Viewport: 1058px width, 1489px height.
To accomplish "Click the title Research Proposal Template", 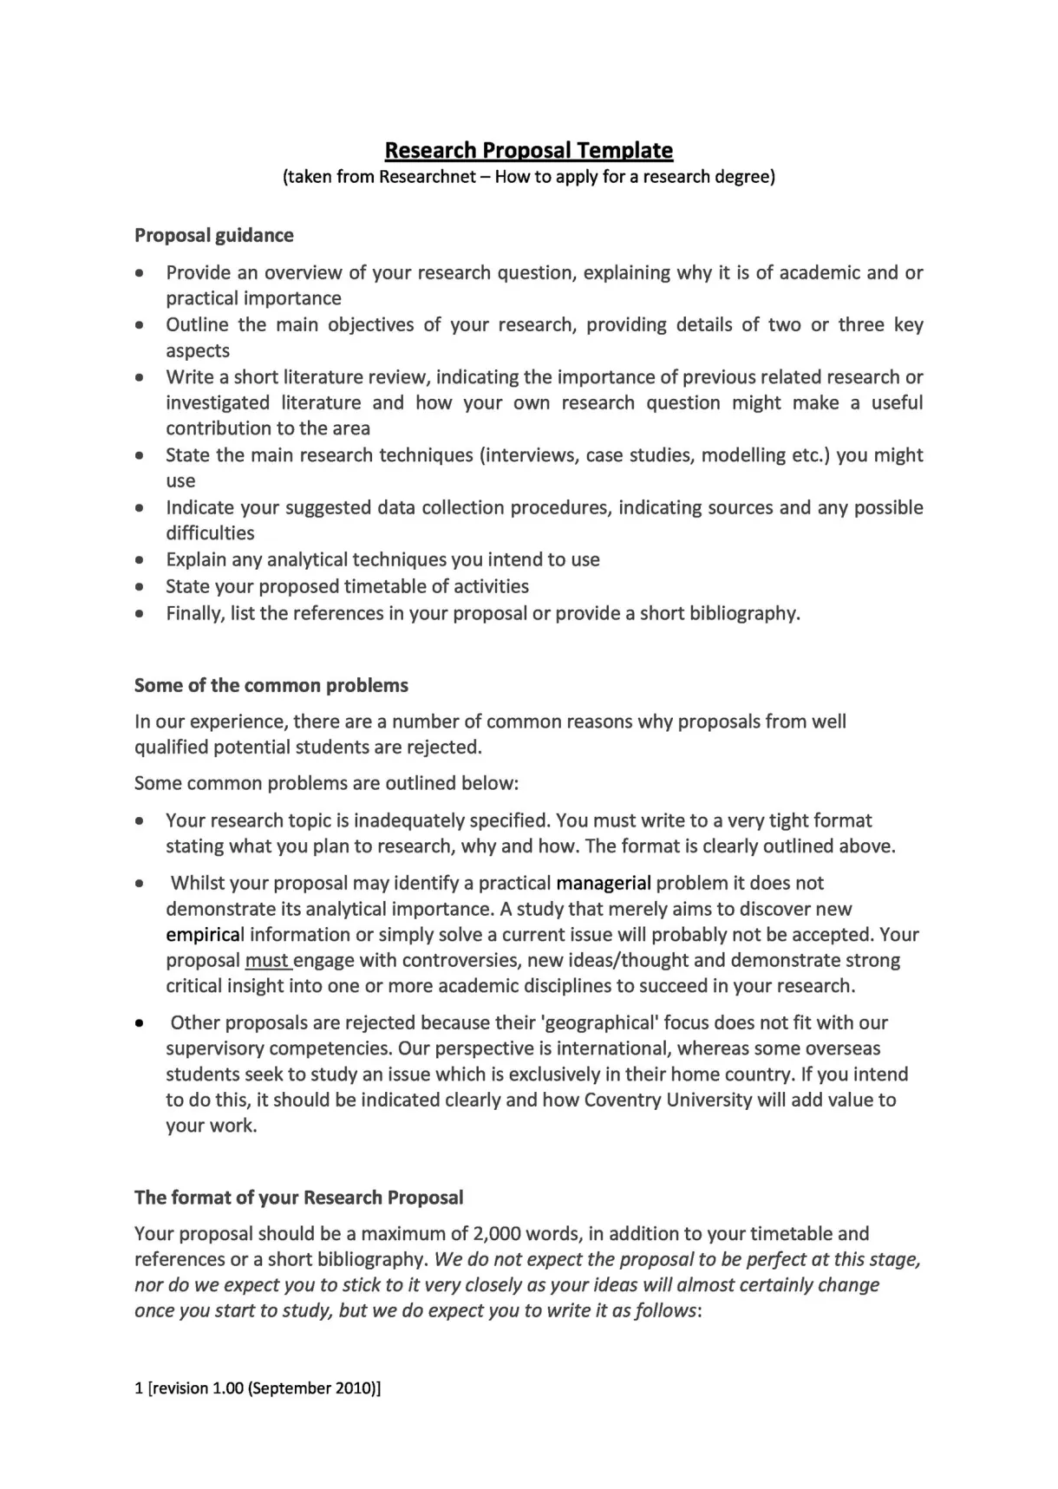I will point(528,150).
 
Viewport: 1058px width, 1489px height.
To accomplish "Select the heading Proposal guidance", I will point(213,235).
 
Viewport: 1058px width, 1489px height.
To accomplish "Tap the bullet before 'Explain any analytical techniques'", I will point(140,560).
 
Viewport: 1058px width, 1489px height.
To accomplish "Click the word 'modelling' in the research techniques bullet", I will point(743,455).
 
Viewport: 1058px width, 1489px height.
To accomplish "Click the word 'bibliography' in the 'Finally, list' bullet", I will point(742,614).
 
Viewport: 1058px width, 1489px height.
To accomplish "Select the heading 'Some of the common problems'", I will point(271,685).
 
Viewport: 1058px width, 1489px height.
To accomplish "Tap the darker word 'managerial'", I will point(603,883).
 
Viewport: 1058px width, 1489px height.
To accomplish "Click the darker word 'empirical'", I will point(205,935).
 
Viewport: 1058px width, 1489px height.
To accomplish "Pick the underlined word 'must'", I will point(266,961).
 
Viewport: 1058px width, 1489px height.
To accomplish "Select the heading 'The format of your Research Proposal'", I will point(298,1198).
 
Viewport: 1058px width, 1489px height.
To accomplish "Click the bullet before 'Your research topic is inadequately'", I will point(140,821).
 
